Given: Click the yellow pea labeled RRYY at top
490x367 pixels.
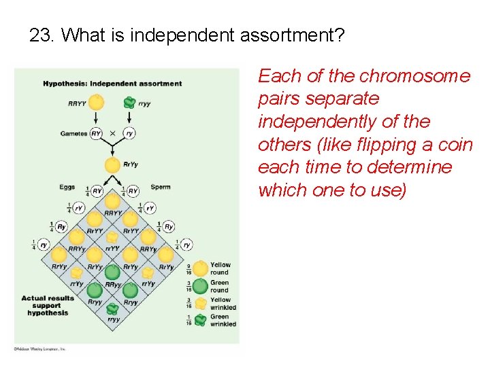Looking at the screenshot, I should point(97,103).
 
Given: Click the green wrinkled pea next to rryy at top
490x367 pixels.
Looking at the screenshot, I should point(129,103).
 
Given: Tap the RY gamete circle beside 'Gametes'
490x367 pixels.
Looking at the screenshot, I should point(97,134).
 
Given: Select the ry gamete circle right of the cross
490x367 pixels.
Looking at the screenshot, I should point(129,134).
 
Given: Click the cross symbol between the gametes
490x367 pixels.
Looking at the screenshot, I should point(112,134).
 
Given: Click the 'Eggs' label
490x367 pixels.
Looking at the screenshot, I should point(67,187).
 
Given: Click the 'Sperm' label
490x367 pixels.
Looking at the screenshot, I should point(161,187).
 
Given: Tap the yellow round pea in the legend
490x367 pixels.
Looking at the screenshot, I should point(199,269).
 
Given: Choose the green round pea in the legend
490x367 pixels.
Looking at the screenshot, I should point(199,286).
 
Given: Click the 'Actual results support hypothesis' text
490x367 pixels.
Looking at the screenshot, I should point(48,305).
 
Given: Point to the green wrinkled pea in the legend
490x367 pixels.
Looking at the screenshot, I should point(199,320).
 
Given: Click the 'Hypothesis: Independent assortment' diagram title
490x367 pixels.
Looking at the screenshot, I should point(112,84).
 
